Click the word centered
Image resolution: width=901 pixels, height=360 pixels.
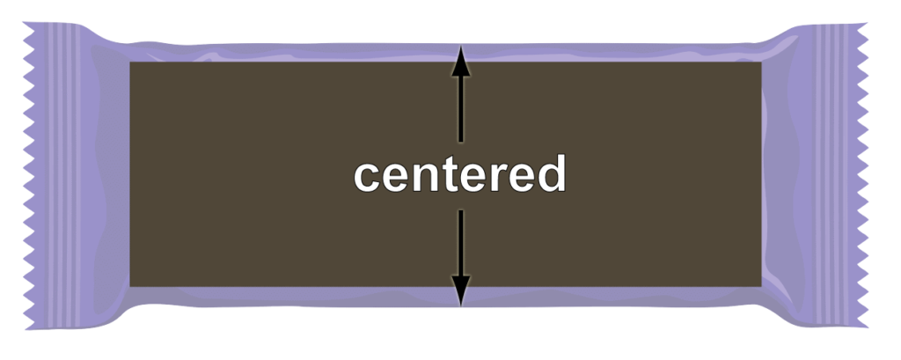pos(459,176)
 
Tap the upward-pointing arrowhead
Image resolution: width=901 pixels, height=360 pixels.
pos(459,62)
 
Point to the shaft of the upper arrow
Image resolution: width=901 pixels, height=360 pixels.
pos(459,106)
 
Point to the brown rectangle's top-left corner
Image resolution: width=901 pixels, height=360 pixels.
pos(130,62)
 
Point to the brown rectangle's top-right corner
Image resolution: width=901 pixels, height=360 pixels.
pos(761,62)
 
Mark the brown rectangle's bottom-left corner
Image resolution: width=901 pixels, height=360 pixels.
pos(130,286)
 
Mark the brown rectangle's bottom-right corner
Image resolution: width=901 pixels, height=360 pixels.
pos(761,286)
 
